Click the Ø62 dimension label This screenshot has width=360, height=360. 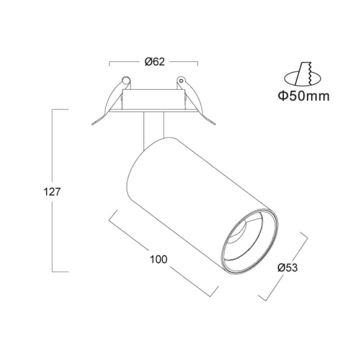(155, 62)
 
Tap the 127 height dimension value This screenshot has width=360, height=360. (52, 192)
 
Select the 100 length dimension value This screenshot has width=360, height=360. (159, 260)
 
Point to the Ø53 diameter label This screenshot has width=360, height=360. (287, 268)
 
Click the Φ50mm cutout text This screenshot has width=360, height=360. (304, 96)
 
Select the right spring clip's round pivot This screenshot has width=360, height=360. (181, 80)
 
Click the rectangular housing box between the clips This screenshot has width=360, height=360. (153, 99)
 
